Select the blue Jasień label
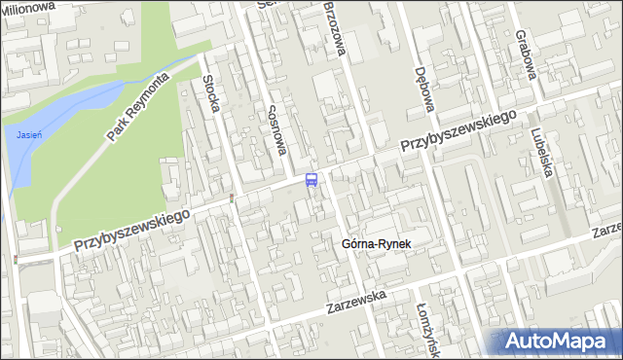[28, 134]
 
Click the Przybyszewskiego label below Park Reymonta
[130, 227]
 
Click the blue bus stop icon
[311, 179]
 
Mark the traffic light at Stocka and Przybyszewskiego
[231, 198]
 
